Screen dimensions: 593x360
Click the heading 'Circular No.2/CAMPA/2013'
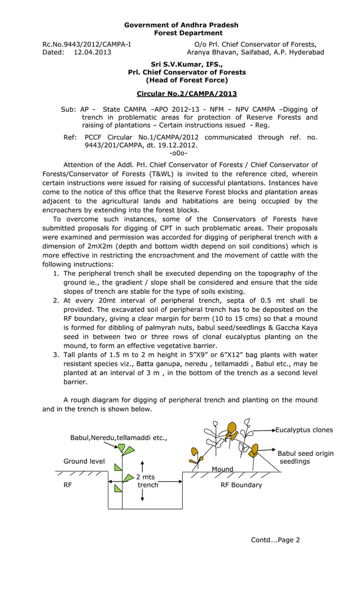pos(187,94)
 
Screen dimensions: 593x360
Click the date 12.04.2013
pos(92,52)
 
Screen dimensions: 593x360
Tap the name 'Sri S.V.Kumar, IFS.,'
pos(187,64)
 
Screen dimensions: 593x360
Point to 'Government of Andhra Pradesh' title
pos(181,25)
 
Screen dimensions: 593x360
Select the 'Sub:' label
pos(68,109)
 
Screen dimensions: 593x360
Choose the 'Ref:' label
pos(70,137)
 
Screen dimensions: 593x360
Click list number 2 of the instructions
pos(56,301)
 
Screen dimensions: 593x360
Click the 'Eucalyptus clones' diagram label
pos(304,430)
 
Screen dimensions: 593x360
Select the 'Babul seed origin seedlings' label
pos(305,458)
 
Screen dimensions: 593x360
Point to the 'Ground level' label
pos(84,462)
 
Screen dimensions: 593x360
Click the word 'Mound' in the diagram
pos(222,469)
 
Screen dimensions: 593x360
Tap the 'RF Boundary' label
pos(241,485)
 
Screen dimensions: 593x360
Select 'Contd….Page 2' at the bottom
pos(275,540)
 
